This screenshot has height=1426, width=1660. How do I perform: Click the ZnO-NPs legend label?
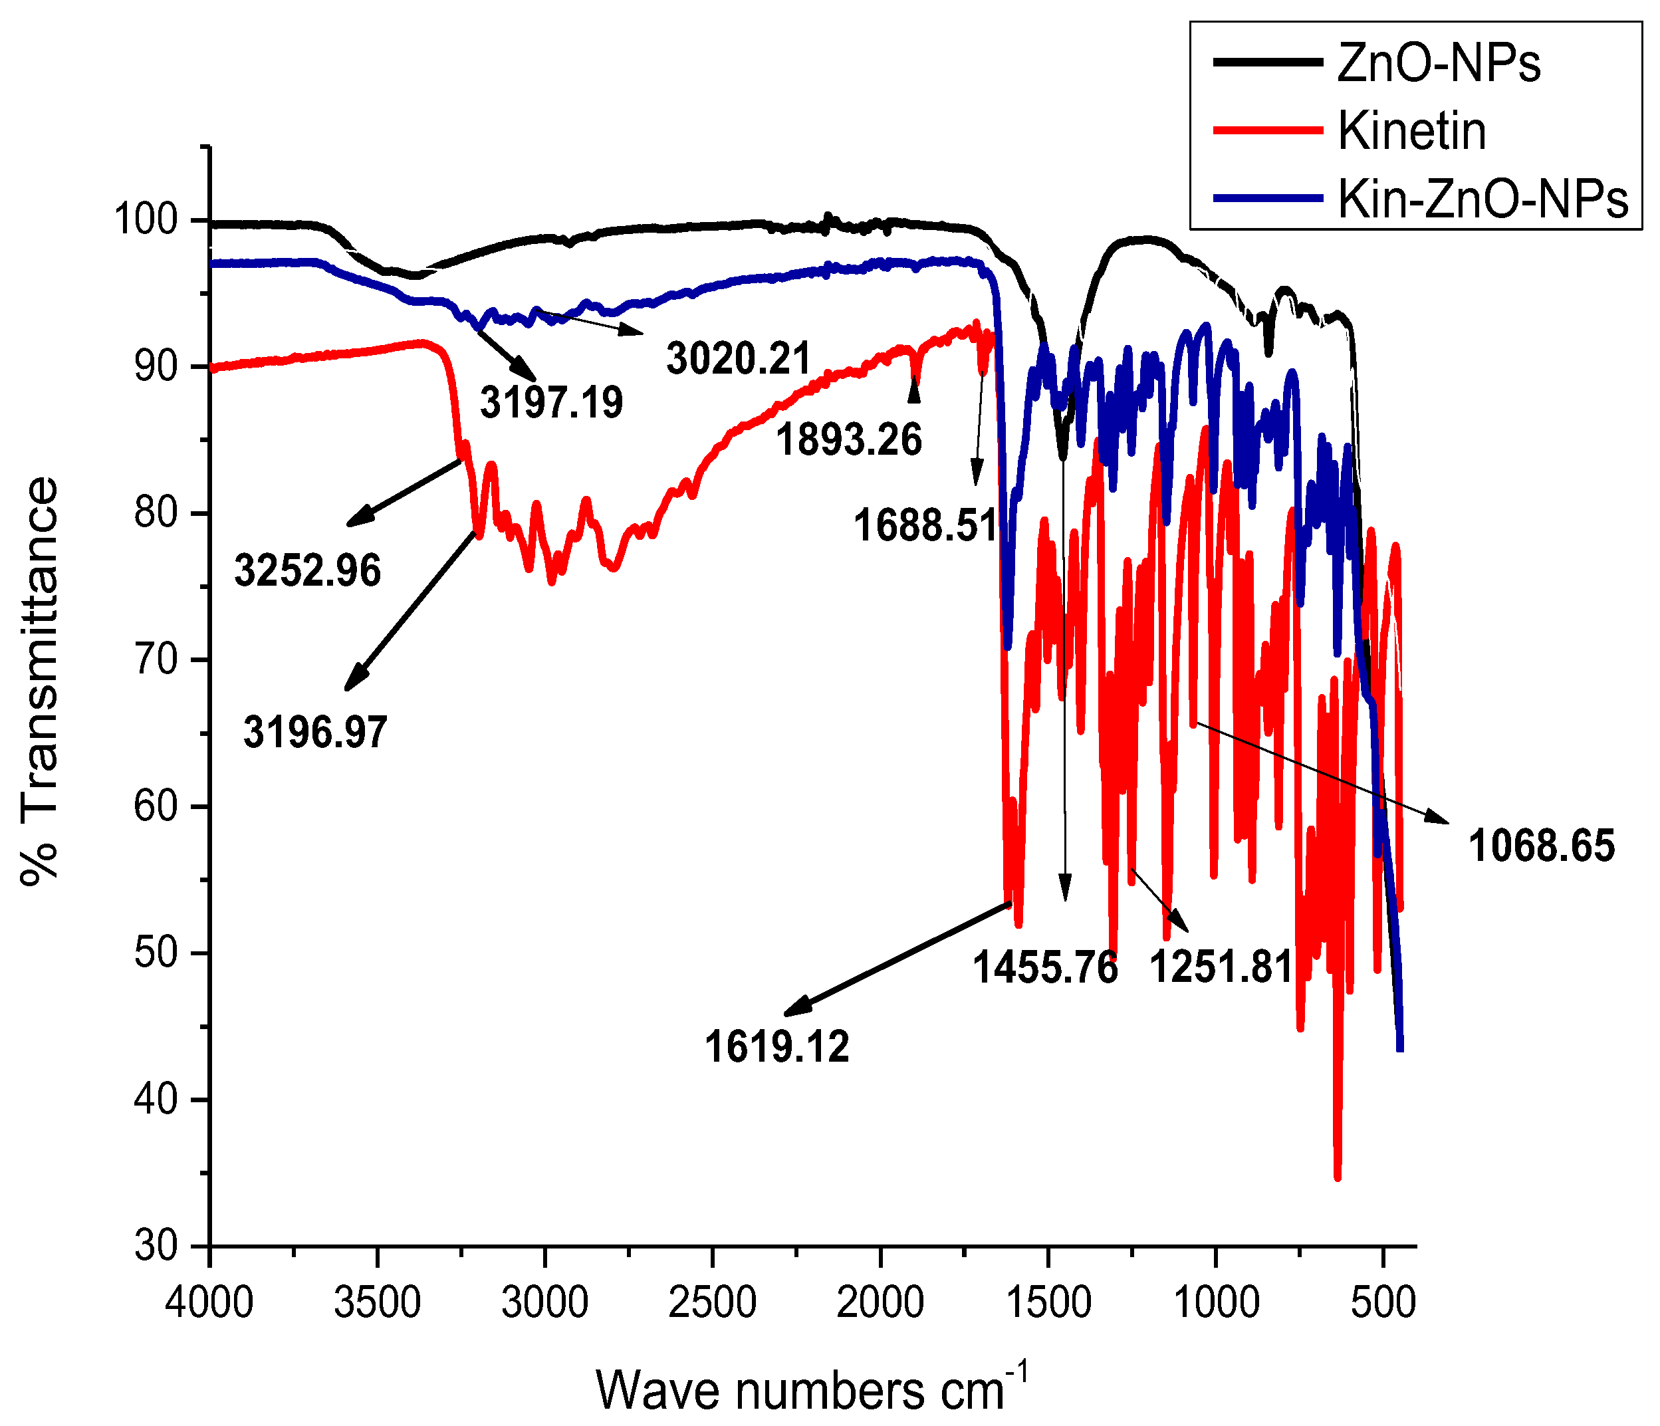pyautogui.click(x=1439, y=64)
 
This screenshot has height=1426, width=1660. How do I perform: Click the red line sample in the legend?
pyautogui.click(x=1266, y=130)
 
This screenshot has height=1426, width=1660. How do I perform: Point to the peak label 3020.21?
pyautogui.click(x=739, y=358)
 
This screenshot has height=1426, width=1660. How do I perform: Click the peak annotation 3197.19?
pyautogui.click(x=551, y=402)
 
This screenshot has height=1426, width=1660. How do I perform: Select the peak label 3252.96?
pyautogui.click(x=308, y=571)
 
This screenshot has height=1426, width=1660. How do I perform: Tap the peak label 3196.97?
pyautogui.click(x=316, y=732)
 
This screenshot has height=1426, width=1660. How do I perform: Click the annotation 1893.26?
pyautogui.click(x=849, y=441)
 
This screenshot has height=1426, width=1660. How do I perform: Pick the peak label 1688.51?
pyautogui.click(x=925, y=527)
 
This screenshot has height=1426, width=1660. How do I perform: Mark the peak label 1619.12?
pyautogui.click(x=777, y=1047)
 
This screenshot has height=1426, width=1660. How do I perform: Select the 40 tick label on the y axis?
pyautogui.click(x=156, y=1101)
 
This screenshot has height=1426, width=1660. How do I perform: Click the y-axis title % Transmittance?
pyautogui.click(x=40, y=681)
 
